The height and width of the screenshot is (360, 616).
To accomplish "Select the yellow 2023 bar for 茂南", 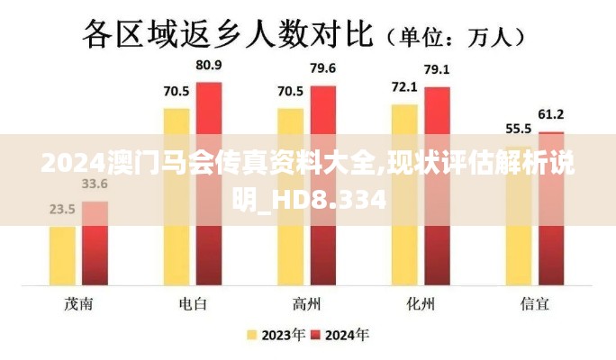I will (x=62, y=256).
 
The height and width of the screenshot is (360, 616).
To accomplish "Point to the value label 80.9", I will (x=209, y=66).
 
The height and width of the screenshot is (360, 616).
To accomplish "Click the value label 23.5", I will (x=62, y=210).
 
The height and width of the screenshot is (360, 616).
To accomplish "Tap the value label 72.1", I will (x=403, y=87).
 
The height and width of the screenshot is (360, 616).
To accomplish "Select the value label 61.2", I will (x=551, y=114).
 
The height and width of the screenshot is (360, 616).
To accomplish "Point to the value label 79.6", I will (x=322, y=68).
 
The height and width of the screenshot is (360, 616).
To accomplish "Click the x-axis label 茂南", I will (x=78, y=303).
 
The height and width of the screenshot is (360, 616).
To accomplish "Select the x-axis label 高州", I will (x=307, y=303).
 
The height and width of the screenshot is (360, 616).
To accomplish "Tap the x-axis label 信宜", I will (x=535, y=303).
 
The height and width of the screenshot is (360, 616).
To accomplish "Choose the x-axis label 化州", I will (x=421, y=303).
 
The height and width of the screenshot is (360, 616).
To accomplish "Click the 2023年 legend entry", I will (x=276, y=336).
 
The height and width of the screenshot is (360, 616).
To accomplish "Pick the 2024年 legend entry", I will (x=340, y=336).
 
